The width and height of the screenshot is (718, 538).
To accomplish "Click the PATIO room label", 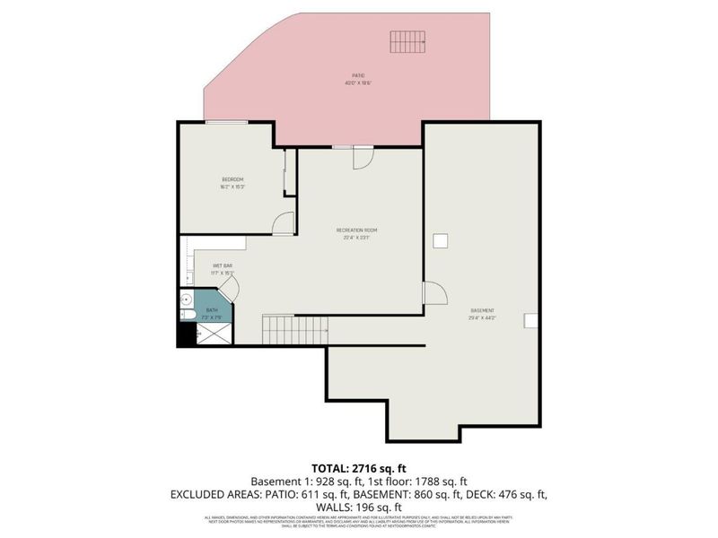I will tap(358, 75).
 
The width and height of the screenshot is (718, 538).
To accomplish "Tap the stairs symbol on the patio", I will tap(407, 41).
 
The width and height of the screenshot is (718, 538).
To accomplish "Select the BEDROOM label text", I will tap(232, 180).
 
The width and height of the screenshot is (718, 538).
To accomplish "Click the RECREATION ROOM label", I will tap(357, 230).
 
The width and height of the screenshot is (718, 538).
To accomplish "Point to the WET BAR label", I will tap(223, 266).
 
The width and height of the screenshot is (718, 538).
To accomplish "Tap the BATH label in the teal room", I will tap(212, 310).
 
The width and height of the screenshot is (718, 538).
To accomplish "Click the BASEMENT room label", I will tap(482, 310).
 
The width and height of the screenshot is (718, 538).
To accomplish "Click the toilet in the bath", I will tap(185, 316).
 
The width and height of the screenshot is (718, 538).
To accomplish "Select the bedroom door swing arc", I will tap(283, 223).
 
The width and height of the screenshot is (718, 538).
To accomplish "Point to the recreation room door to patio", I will tap(363, 157).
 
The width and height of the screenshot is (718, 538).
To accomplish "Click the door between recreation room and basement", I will tap(434, 293).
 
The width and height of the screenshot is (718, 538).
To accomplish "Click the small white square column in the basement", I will tap(441, 240).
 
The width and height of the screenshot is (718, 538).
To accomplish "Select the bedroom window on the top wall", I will tap(226, 122).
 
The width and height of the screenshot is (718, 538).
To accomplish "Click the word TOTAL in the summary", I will tap(333, 468).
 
